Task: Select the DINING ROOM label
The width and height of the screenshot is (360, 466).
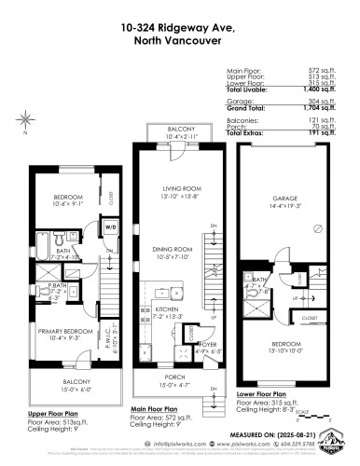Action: (169, 252)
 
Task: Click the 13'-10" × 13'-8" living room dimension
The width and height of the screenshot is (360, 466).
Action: (169, 198)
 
